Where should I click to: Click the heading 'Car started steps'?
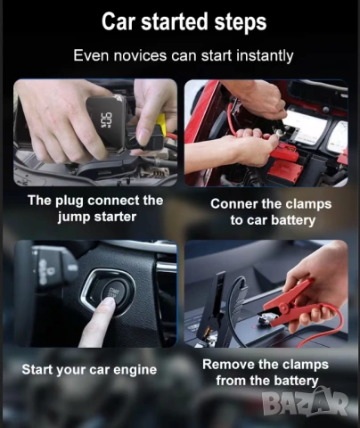coord(184,21)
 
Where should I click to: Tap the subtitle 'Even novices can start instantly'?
coord(184,55)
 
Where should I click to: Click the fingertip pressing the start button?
coord(106,305)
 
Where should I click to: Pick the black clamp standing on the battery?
coord(215,309)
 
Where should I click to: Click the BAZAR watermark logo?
coord(305,403)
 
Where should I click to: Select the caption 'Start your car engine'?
coord(89,370)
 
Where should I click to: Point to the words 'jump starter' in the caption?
coord(97,217)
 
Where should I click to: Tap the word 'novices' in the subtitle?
coord(140,55)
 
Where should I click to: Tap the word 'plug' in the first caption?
coord(70,201)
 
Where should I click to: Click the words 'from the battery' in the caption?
coord(267,381)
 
